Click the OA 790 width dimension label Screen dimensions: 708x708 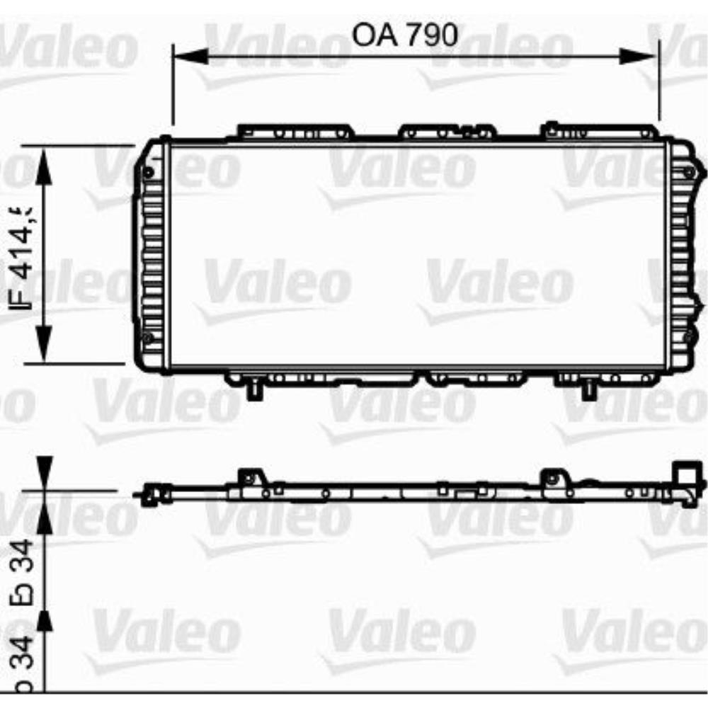point(406,34)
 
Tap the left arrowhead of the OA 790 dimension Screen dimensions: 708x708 point(190,57)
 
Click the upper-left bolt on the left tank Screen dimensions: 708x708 point(147,171)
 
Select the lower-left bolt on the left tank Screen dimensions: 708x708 point(147,337)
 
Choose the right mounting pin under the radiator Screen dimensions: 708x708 point(588,390)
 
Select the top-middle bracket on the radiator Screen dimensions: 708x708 point(446,132)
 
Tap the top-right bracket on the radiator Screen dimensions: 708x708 point(598,132)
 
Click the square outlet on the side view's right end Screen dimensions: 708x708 point(684,474)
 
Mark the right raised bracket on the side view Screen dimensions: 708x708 point(553,479)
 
